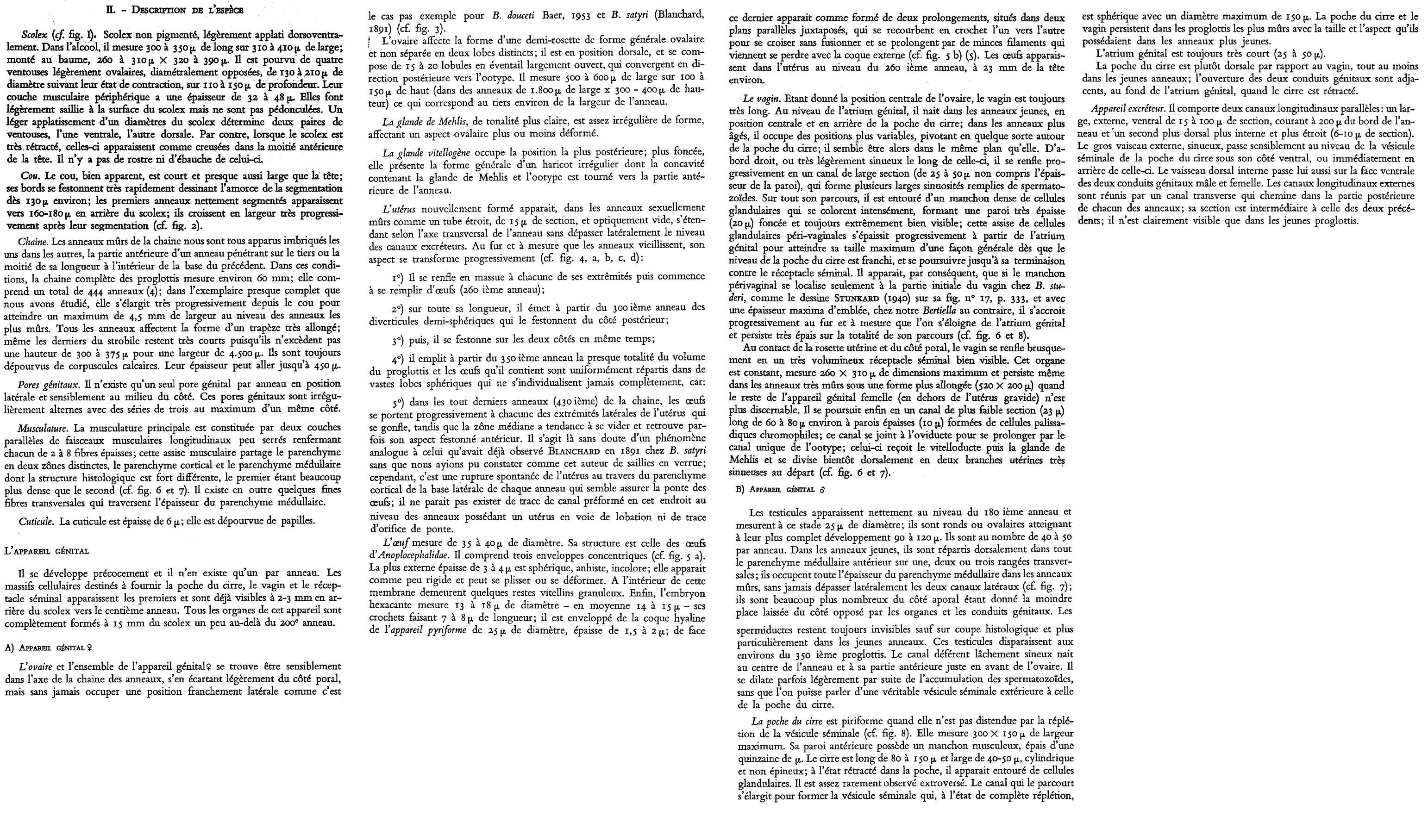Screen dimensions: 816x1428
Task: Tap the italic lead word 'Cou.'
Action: coord(30,175)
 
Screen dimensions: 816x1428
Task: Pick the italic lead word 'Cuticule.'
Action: coord(36,521)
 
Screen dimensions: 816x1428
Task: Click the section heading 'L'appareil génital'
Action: coord(46,551)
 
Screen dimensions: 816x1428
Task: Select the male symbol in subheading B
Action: coord(824,489)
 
